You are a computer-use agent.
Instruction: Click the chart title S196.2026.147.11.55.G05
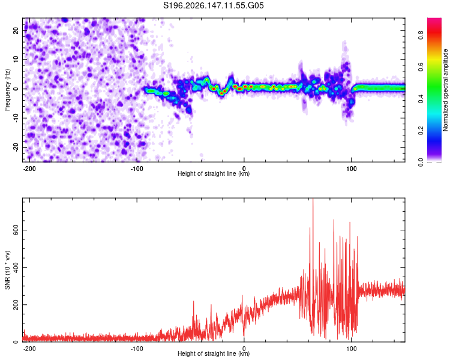(x=213, y=5)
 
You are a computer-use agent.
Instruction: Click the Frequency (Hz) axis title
(x=7, y=90)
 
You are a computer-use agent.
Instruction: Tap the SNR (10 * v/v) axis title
(x=7, y=270)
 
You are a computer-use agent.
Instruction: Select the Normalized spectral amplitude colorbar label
(x=445, y=90)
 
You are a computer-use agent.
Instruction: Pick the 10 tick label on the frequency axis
(x=16, y=59)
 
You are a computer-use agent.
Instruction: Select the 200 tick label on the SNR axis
(x=16, y=305)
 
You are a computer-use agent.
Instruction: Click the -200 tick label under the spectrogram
(x=29, y=169)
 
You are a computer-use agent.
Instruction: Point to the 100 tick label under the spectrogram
(x=351, y=169)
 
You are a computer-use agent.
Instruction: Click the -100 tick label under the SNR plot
(x=137, y=349)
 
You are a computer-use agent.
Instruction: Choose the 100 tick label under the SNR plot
(x=351, y=349)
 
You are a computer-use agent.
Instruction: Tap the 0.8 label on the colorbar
(x=421, y=35)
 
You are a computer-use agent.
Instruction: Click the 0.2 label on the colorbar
(x=421, y=130)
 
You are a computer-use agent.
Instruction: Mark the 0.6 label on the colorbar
(x=421, y=67)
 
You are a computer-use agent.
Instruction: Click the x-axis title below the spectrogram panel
(x=214, y=173)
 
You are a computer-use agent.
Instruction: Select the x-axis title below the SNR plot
(x=214, y=353)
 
